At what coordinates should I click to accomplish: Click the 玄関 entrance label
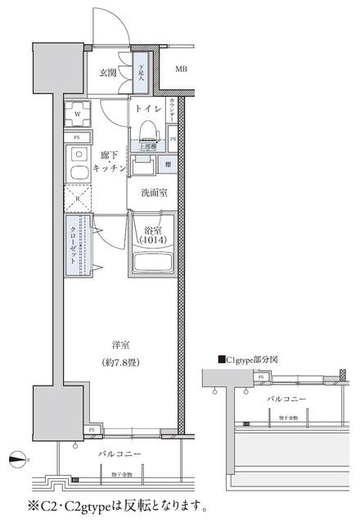108,73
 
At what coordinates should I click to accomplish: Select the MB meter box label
181,69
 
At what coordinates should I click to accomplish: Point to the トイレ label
146,108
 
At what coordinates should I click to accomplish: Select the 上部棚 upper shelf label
148,148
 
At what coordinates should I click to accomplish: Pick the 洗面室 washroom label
152,194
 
